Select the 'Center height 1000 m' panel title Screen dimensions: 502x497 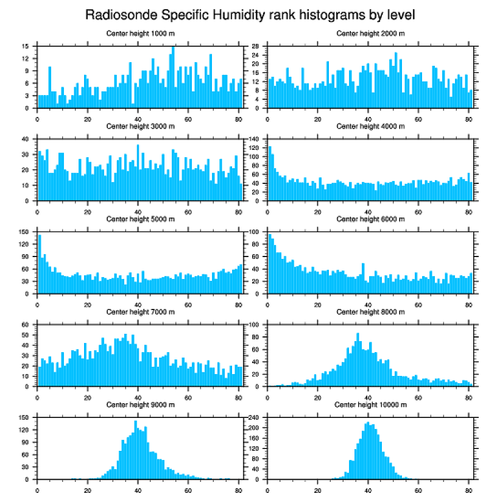(x=140, y=33)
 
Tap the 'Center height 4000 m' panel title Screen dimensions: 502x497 (x=370, y=126)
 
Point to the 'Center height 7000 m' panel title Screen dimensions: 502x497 (x=140, y=312)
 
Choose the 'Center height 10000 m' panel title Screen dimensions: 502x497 (x=370, y=405)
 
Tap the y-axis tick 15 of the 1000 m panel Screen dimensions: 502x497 (x=27, y=46)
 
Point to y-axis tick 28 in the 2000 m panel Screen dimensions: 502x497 (x=257, y=46)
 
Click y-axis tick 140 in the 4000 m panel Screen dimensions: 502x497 (x=255, y=140)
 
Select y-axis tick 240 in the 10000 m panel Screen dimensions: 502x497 (x=255, y=417)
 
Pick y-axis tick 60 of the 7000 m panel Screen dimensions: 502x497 (x=27, y=325)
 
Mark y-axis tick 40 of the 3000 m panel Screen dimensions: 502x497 (x=27, y=140)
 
